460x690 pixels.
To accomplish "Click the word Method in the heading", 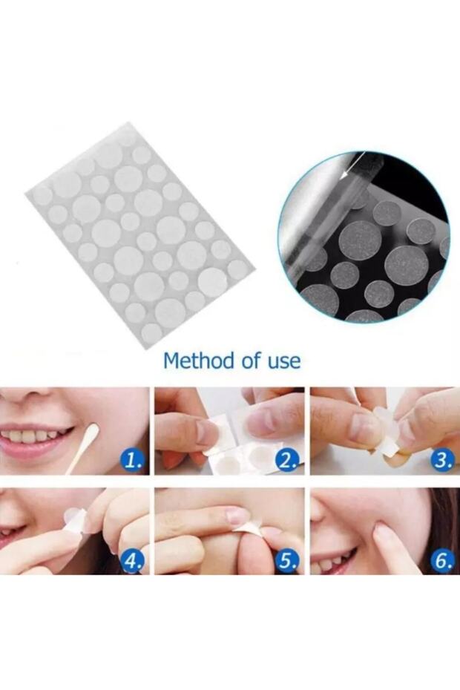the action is (x=199, y=361).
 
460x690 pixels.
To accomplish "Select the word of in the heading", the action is (x=251, y=361).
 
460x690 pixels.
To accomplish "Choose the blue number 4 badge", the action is (x=134, y=560).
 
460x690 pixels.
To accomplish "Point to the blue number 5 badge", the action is (x=287, y=560).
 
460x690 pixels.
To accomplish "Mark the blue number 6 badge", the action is (x=442, y=560).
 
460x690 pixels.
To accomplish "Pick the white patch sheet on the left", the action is (x=140, y=235).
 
